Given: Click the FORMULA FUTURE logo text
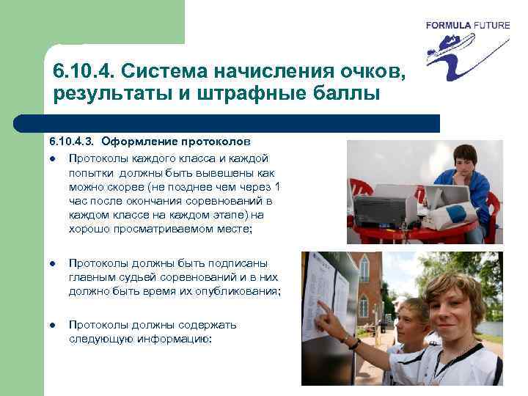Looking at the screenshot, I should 467,25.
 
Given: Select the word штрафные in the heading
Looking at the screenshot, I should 285,94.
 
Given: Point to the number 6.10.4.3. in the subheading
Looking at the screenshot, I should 72,140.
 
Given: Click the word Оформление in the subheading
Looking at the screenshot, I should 138,140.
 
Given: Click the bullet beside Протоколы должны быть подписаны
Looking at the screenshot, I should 54,263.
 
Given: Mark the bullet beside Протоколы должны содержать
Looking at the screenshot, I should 54,325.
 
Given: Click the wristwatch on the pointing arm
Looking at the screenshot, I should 355,343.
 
